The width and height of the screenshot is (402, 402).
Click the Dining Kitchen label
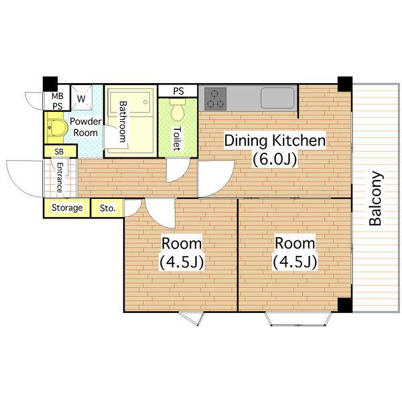275,141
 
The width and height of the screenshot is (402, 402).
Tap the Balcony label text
376,198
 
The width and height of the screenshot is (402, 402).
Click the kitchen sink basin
277,98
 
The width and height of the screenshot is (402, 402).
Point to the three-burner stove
215,98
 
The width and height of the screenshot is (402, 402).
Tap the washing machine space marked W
81,98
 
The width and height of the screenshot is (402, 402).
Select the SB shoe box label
59,151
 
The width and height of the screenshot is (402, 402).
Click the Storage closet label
67,208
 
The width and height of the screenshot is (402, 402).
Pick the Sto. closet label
108,208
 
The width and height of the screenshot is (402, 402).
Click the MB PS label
57,101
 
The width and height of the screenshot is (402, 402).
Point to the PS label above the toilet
178,91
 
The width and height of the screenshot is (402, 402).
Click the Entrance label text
59,178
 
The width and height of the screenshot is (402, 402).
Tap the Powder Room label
85,127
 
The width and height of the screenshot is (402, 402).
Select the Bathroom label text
123,122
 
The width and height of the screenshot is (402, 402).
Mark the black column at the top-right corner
345,84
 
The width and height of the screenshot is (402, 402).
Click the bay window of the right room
298,319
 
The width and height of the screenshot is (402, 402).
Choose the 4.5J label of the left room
182,262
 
